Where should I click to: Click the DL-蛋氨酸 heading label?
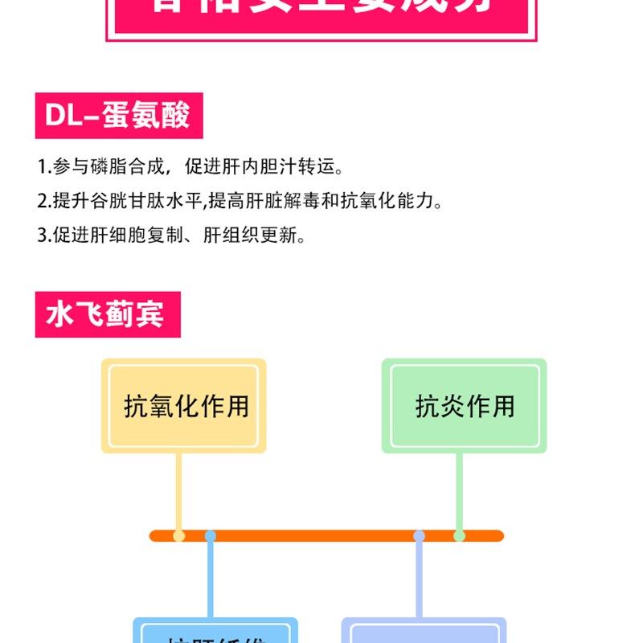click(118, 116)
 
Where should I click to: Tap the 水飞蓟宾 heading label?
click(108, 314)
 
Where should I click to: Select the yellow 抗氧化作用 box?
click(183, 405)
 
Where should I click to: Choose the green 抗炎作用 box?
click(464, 405)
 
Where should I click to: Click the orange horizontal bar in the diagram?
click(321, 535)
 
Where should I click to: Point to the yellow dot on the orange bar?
click(178, 535)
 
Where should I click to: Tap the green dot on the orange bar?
click(459, 535)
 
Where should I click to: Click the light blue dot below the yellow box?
click(211, 535)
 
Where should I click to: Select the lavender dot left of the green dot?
click(419, 535)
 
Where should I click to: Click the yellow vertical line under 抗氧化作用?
click(178, 490)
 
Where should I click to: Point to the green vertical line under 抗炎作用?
click(459, 490)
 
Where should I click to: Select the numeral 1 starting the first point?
click(41, 167)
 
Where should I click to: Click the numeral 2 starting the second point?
click(41, 201)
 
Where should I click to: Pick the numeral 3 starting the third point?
click(41, 235)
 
